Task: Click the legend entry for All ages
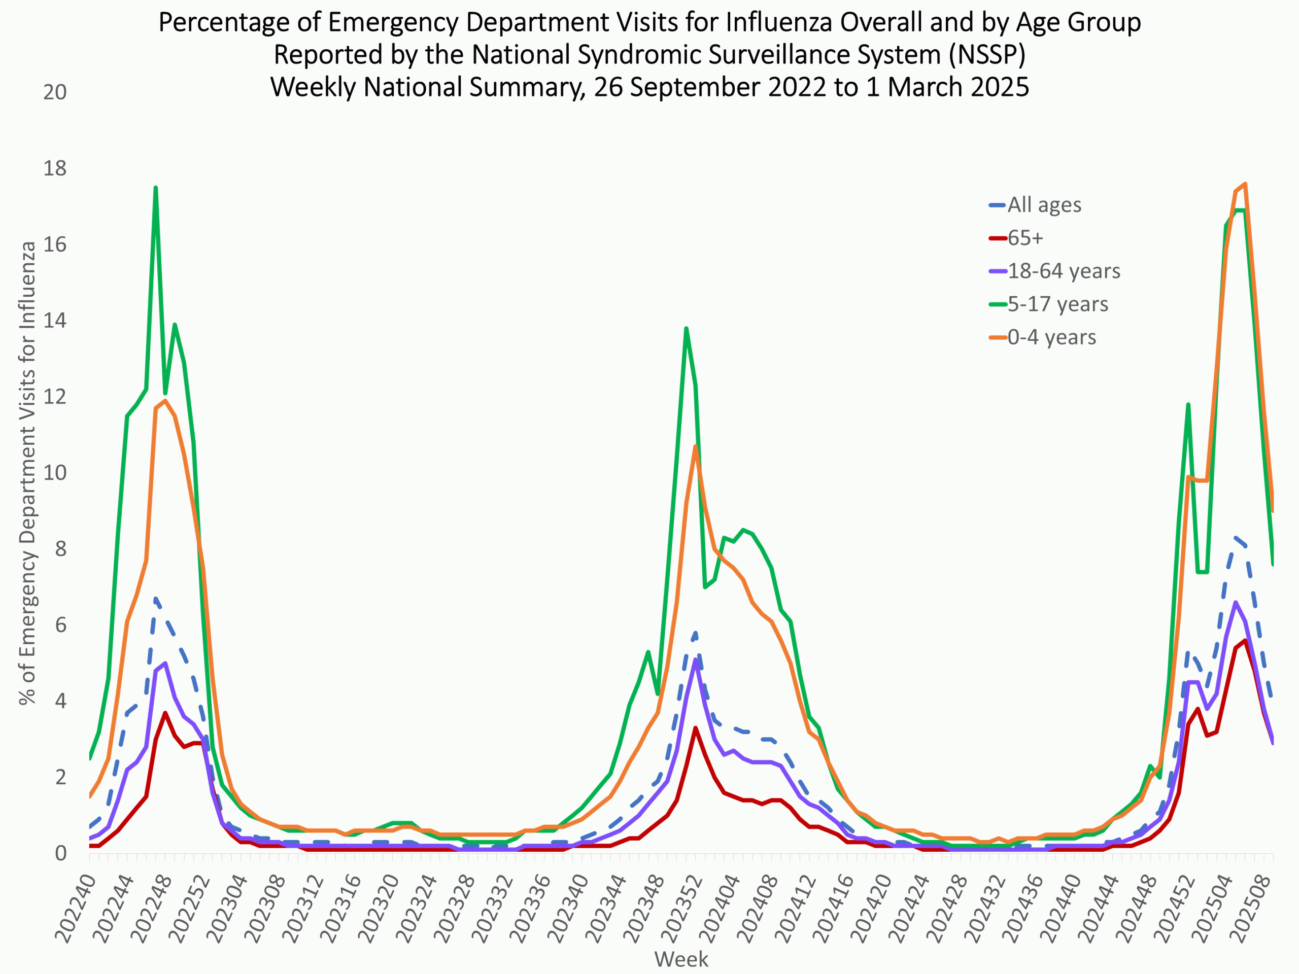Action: (1044, 205)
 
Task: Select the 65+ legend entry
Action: (1025, 238)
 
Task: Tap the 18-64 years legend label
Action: (1064, 271)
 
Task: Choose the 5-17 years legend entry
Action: (1057, 304)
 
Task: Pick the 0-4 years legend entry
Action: (1051, 337)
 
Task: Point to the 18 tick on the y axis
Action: (55, 168)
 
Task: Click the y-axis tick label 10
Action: (55, 473)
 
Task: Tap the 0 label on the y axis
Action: (60, 853)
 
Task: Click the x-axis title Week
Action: (681, 959)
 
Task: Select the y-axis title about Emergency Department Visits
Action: (27, 473)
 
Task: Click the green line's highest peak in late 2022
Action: (156, 188)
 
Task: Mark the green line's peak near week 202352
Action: (686, 329)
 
